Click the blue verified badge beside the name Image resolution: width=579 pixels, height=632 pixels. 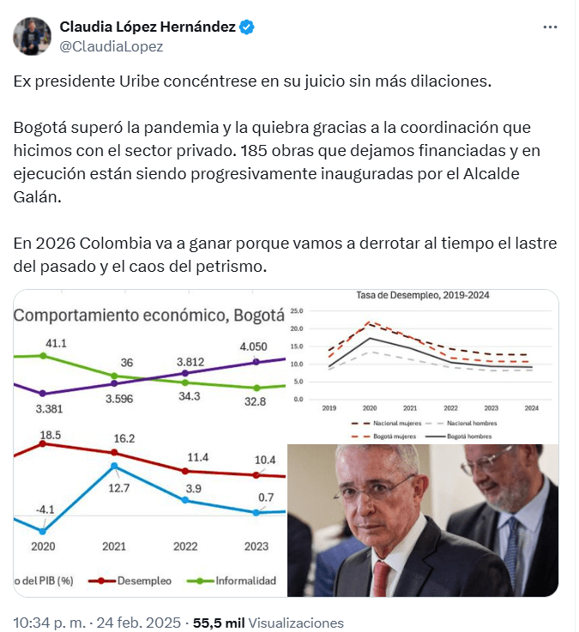click(x=246, y=27)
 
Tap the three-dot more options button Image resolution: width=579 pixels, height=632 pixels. click(x=551, y=27)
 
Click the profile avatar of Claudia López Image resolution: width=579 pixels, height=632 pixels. click(x=32, y=36)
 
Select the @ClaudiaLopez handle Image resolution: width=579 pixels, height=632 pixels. click(x=111, y=46)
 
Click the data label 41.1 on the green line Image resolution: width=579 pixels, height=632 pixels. click(x=57, y=343)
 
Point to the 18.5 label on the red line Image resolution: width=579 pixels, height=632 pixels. click(x=51, y=436)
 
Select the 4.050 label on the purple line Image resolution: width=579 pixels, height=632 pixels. click(x=257, y=347)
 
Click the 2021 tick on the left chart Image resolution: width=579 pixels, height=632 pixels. click(x=114, y=546)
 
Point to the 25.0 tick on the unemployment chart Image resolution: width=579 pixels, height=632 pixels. click(x=297, y=310)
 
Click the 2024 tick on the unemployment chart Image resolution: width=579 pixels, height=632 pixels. click(x=532, y=408)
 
